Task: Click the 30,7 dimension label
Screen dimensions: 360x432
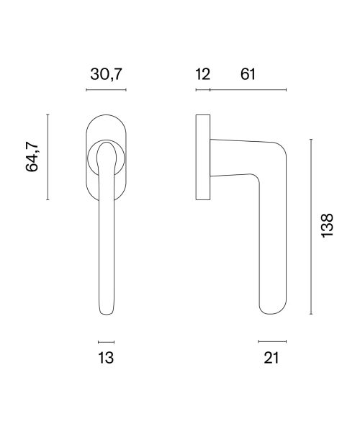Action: click(x=106, y=74)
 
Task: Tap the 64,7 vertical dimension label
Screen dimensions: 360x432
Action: click(x=32, y=157)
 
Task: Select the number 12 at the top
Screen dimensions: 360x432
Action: click(x=203, y=74)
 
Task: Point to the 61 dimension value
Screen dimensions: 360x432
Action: click(x=248, y=74)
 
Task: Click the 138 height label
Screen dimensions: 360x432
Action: click(x=327, y=225)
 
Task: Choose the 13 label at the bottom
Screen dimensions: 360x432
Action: click(x=106, y=358)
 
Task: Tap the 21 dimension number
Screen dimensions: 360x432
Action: click(x=271, y=358)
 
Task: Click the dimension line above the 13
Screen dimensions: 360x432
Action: click(x=107, y=342)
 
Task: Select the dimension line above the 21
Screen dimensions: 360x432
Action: click(x=272, y=341)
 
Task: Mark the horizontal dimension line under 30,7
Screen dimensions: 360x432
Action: click(x=106, y=89)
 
